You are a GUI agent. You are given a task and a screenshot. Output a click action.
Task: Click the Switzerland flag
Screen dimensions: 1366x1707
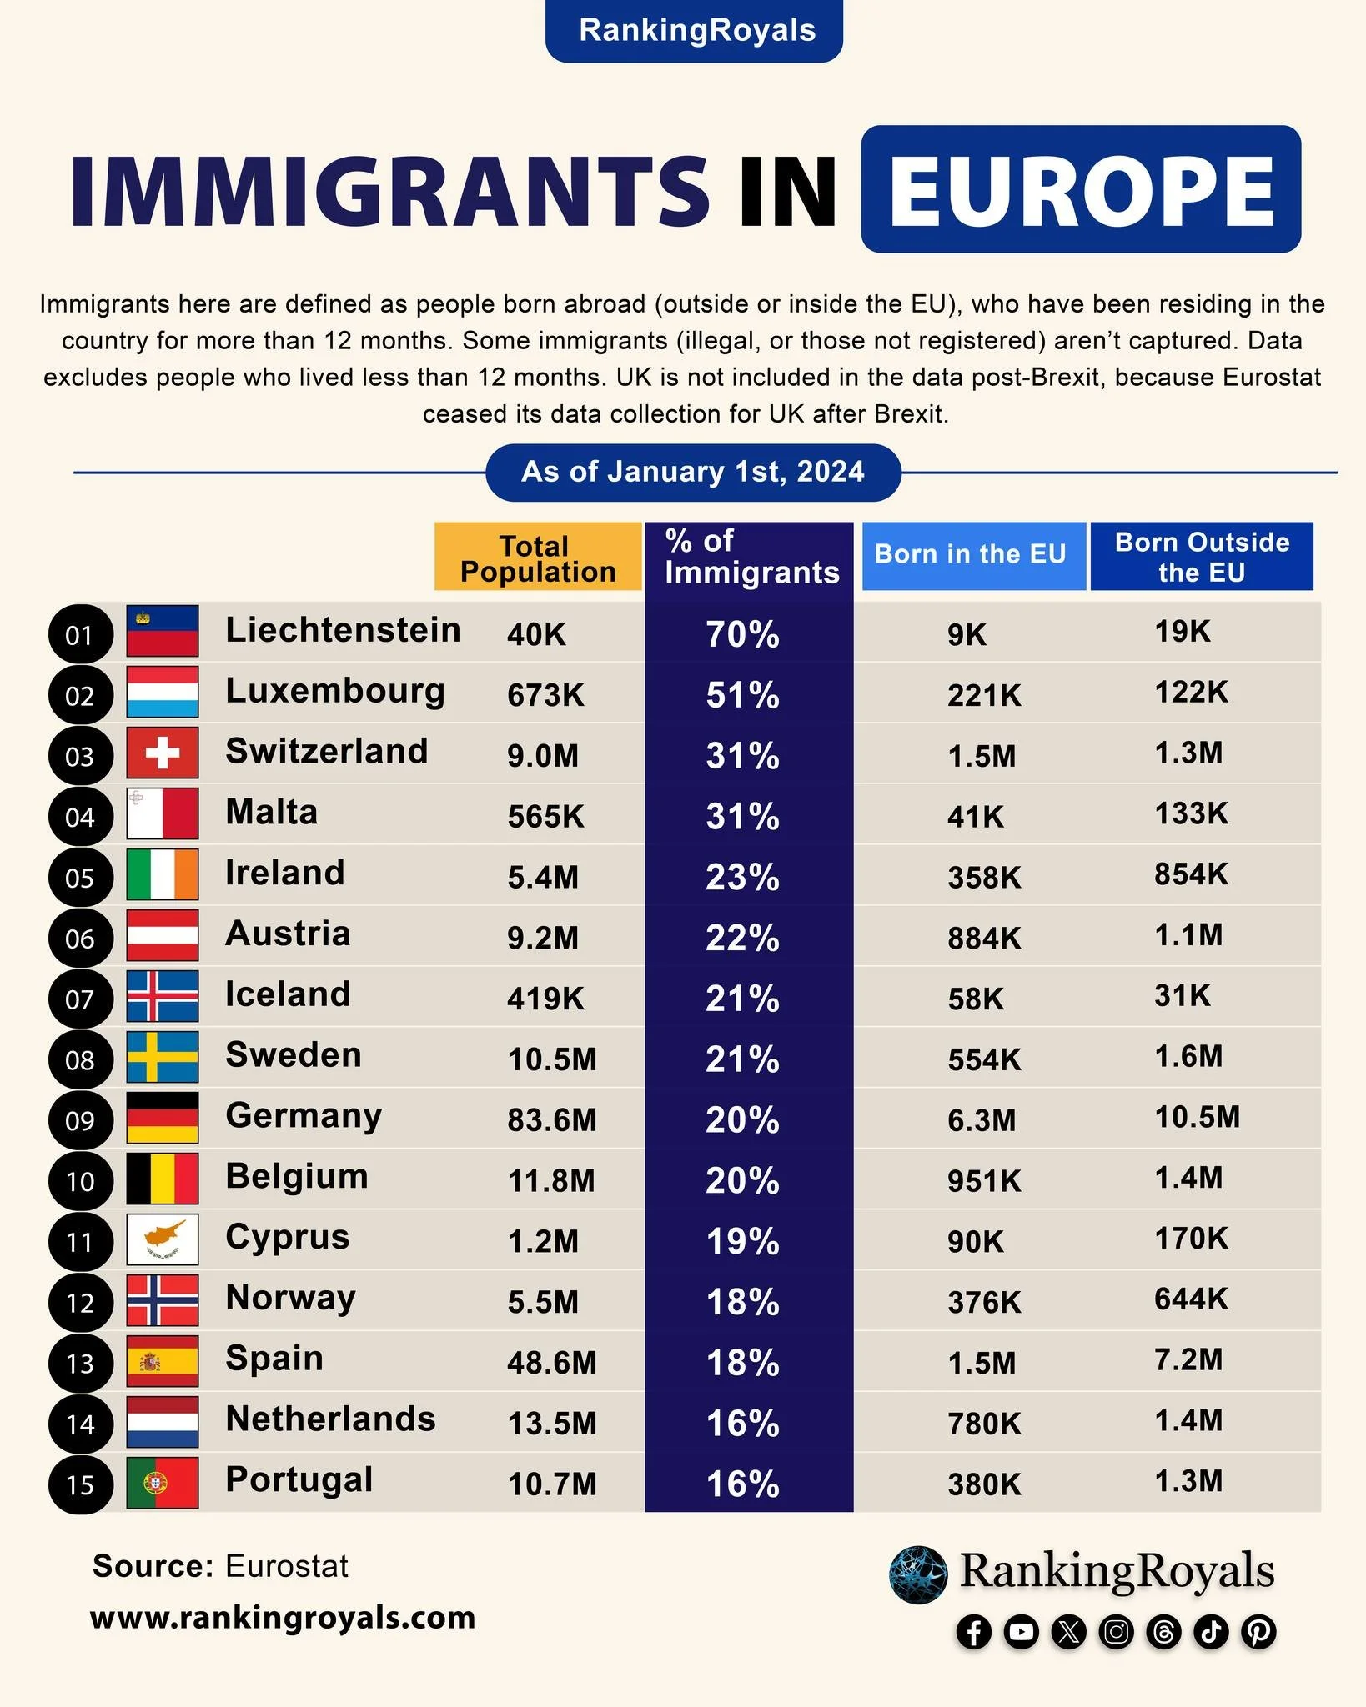[163, 753]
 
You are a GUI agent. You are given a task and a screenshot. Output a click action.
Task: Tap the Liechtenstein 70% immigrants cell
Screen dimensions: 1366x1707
[743, 634]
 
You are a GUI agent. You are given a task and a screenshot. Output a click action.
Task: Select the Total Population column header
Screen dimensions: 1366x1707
[538, 558]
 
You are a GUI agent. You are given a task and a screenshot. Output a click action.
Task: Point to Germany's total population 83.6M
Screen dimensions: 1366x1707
[552, 1120]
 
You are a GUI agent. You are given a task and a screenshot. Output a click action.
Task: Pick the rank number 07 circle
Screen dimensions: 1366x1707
[80, 999]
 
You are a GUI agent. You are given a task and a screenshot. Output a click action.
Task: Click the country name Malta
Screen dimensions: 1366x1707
[272, 812]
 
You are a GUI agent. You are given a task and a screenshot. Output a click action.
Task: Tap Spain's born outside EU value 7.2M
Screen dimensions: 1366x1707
[1188, 1359]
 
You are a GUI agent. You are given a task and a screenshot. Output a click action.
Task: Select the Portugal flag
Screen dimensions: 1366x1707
[163, 1483]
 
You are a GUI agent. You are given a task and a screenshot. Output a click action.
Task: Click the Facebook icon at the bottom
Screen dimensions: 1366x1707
[973, 1631]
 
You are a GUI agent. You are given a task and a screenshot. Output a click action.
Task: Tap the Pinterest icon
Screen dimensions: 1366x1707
[1258, 1631]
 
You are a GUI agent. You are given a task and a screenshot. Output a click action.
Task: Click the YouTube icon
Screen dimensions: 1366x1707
[1021, 1631]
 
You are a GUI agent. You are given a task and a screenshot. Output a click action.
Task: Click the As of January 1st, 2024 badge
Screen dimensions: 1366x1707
[693, 473]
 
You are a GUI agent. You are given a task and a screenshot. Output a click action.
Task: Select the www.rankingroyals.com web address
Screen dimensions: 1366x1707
[283, 1618]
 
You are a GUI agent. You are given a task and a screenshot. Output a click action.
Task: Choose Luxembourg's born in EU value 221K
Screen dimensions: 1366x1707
[984, 695]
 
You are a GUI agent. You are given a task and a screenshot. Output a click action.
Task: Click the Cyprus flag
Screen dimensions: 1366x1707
[163, 1239]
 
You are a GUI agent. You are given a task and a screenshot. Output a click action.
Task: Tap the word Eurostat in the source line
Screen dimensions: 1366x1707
[287, 1566]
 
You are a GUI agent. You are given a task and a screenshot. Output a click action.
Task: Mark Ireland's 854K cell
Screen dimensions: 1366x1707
[1191, 874]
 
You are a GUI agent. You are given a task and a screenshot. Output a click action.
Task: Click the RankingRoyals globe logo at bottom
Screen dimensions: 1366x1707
[918, 1574]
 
